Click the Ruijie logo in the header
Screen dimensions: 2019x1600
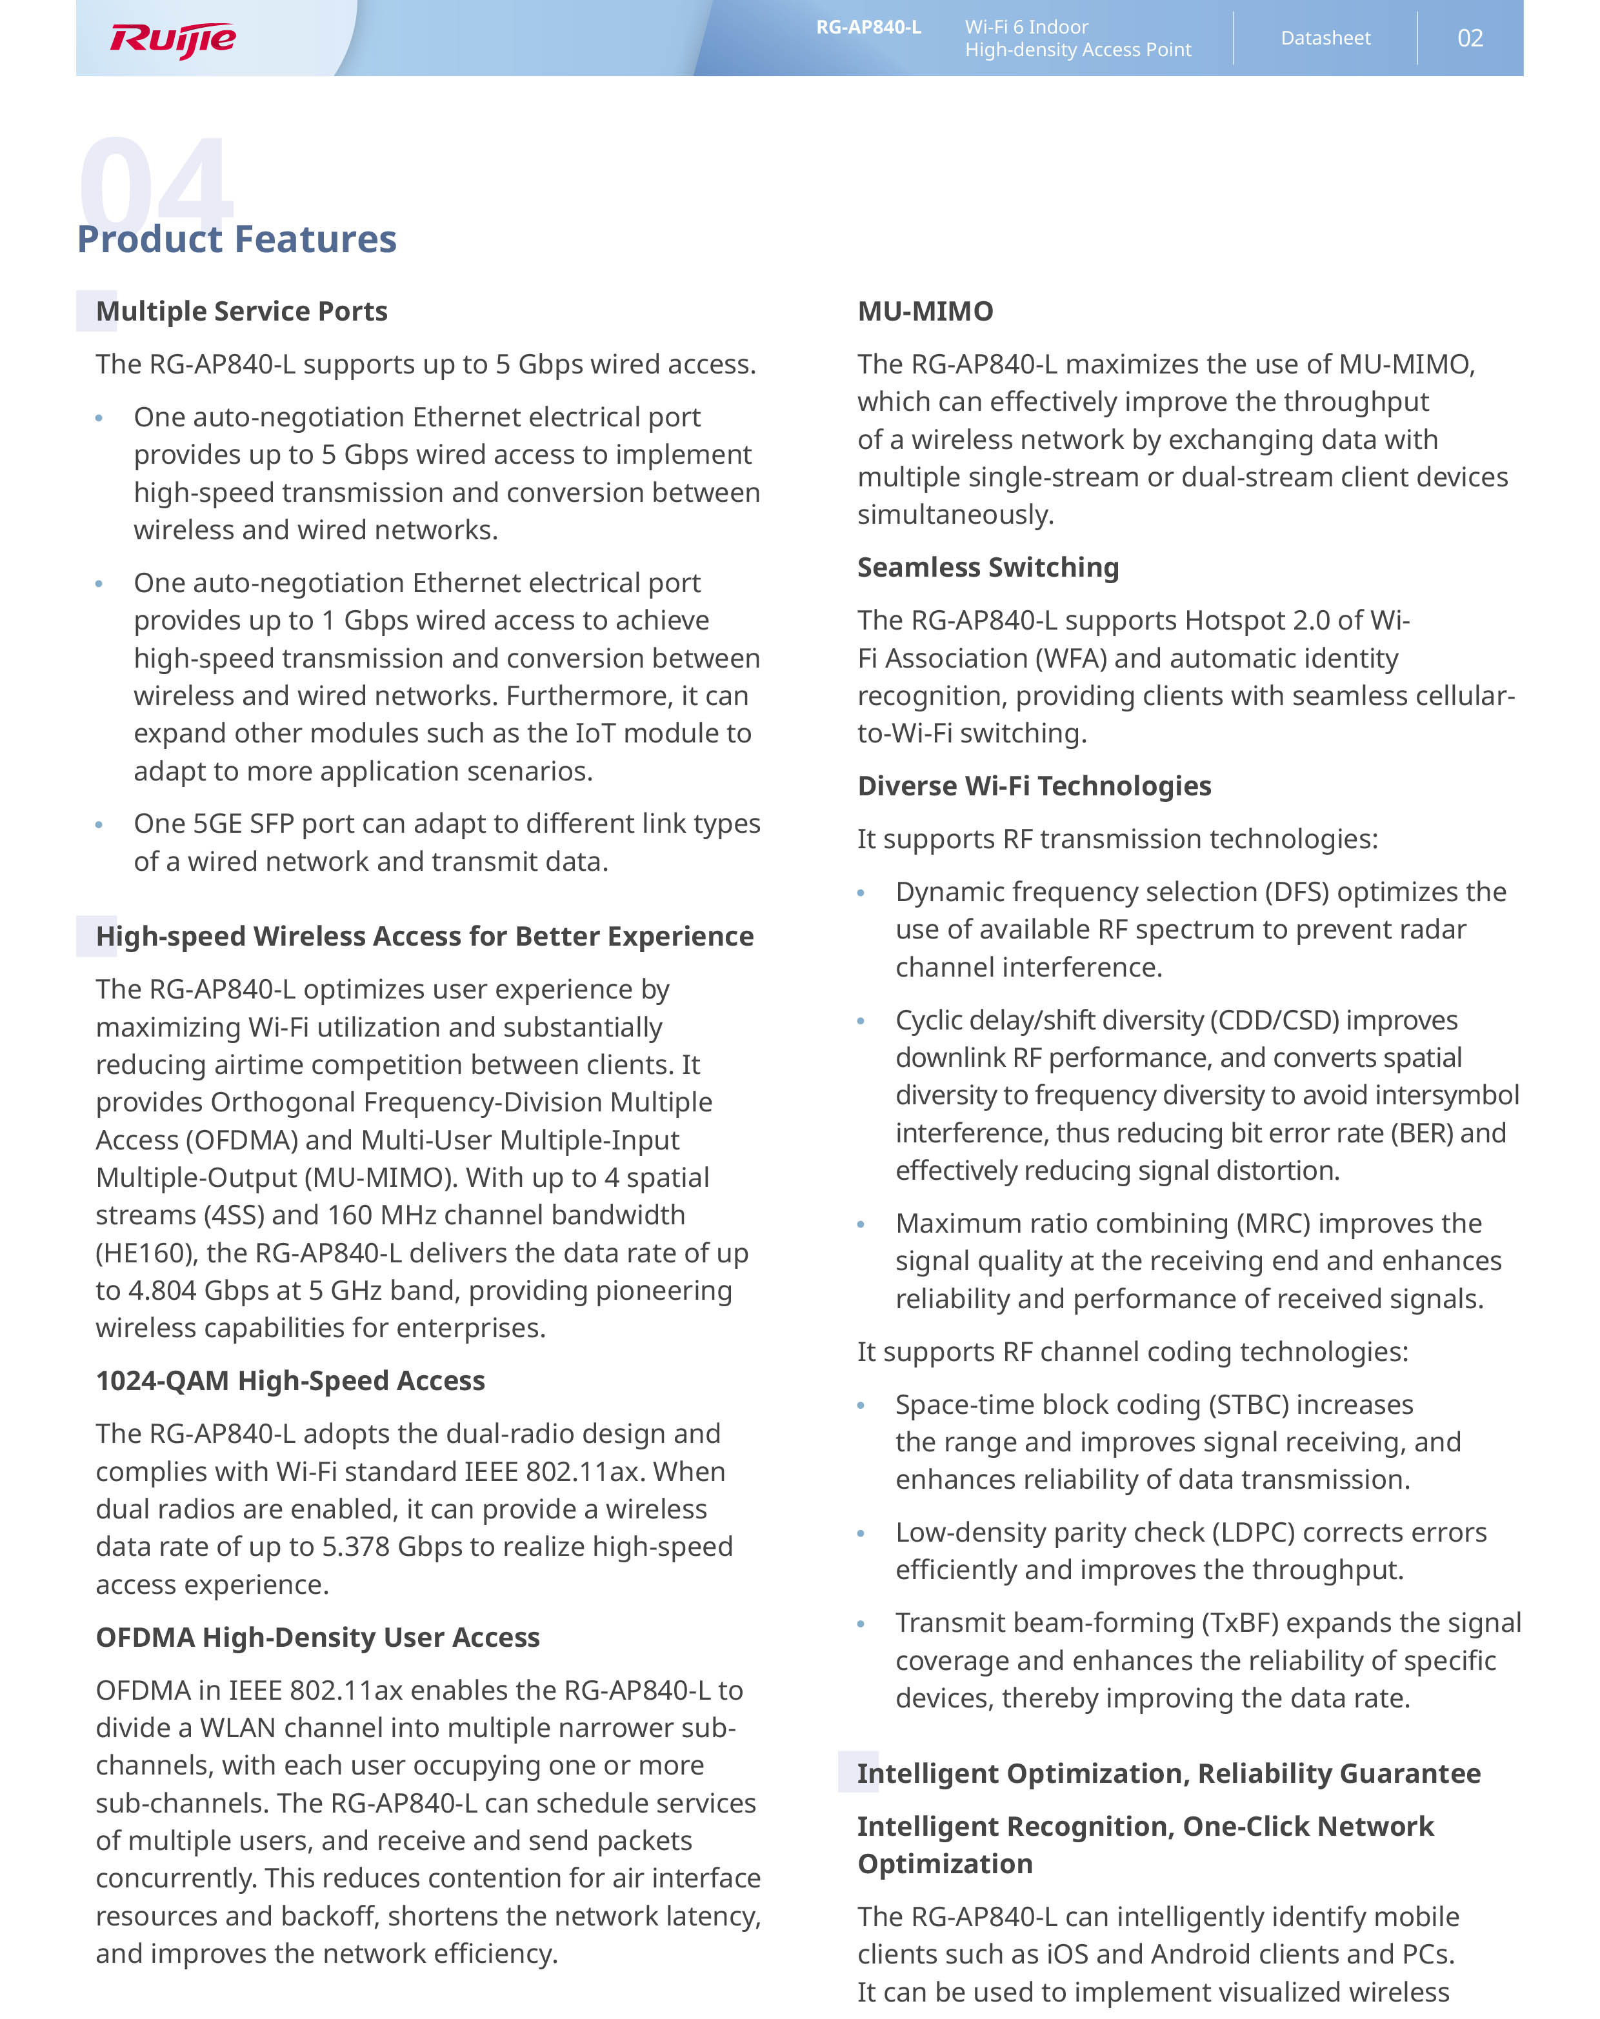tap(174, 39)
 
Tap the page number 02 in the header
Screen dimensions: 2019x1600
tap(1470, 39)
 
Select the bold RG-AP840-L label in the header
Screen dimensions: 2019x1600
tap(868, 27)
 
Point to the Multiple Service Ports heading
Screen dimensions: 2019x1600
tap(242, 311)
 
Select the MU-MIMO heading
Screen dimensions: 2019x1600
tap(926, 311)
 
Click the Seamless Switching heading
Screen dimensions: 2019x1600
tap(988, 568)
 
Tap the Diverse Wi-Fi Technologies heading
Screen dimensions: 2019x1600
tap(1034, 786)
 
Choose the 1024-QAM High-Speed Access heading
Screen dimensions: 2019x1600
tap(290, 1380)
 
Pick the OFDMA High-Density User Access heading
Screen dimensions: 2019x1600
tap(317, 1637)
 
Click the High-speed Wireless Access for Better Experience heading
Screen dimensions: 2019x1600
tap(425, 937)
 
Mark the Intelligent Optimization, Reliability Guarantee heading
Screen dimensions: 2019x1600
tap(1168, 1774)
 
